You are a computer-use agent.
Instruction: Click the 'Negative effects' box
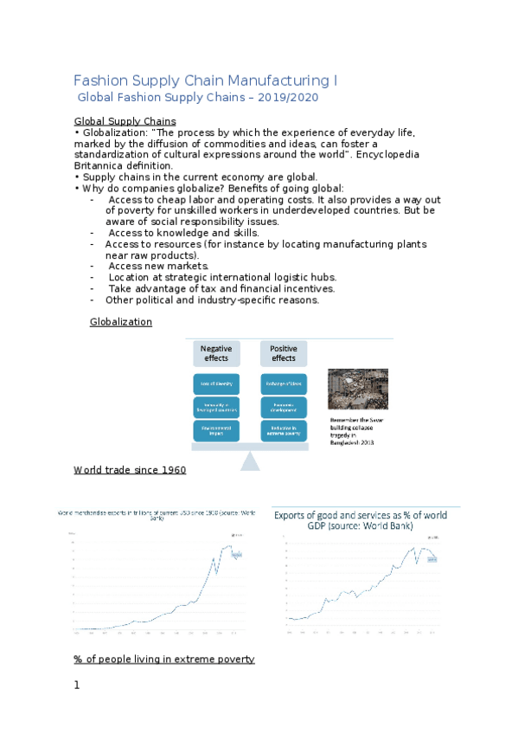coord(217,354)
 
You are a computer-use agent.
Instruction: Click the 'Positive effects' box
coord(284,354)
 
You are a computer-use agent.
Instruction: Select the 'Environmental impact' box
coord(217,430)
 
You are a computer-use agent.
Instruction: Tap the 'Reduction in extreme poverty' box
coord(284,430)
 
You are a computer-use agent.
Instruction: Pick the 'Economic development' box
coord(284,407)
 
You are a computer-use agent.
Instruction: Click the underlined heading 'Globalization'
coord(120,322)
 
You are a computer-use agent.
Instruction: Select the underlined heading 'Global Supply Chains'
coord(125,120)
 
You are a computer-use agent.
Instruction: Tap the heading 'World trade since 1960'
coord(130,470)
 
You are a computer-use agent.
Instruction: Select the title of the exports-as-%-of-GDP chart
coord(361,520)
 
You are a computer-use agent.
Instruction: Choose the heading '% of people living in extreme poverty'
coord(164,660)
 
